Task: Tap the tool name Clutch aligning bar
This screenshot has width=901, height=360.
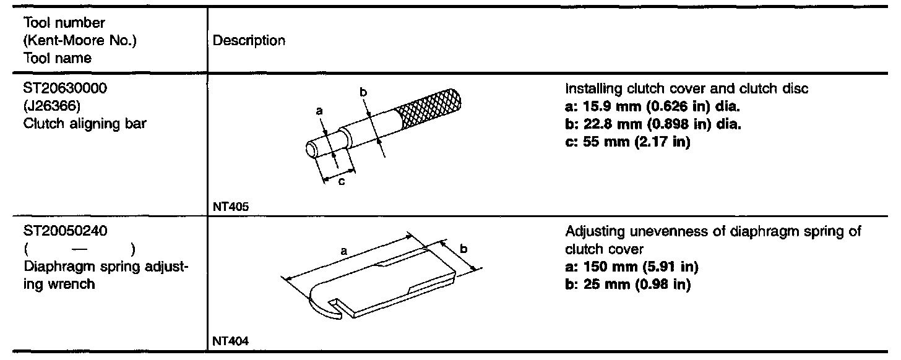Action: pos(85,123)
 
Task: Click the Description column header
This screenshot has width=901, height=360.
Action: pos(249,41)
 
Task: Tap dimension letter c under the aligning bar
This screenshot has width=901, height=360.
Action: pos(341,182)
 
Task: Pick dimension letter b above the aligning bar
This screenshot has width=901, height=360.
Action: pos(364,93)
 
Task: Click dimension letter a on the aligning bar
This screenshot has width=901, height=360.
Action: pos(320,111)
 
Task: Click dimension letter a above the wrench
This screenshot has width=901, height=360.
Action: pos(342,251)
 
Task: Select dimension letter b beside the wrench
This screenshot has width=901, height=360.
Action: pos(463,249)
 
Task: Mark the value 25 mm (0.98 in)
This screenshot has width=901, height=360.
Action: pos(627,285)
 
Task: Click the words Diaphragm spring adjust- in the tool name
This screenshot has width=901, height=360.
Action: pos(106,267)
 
